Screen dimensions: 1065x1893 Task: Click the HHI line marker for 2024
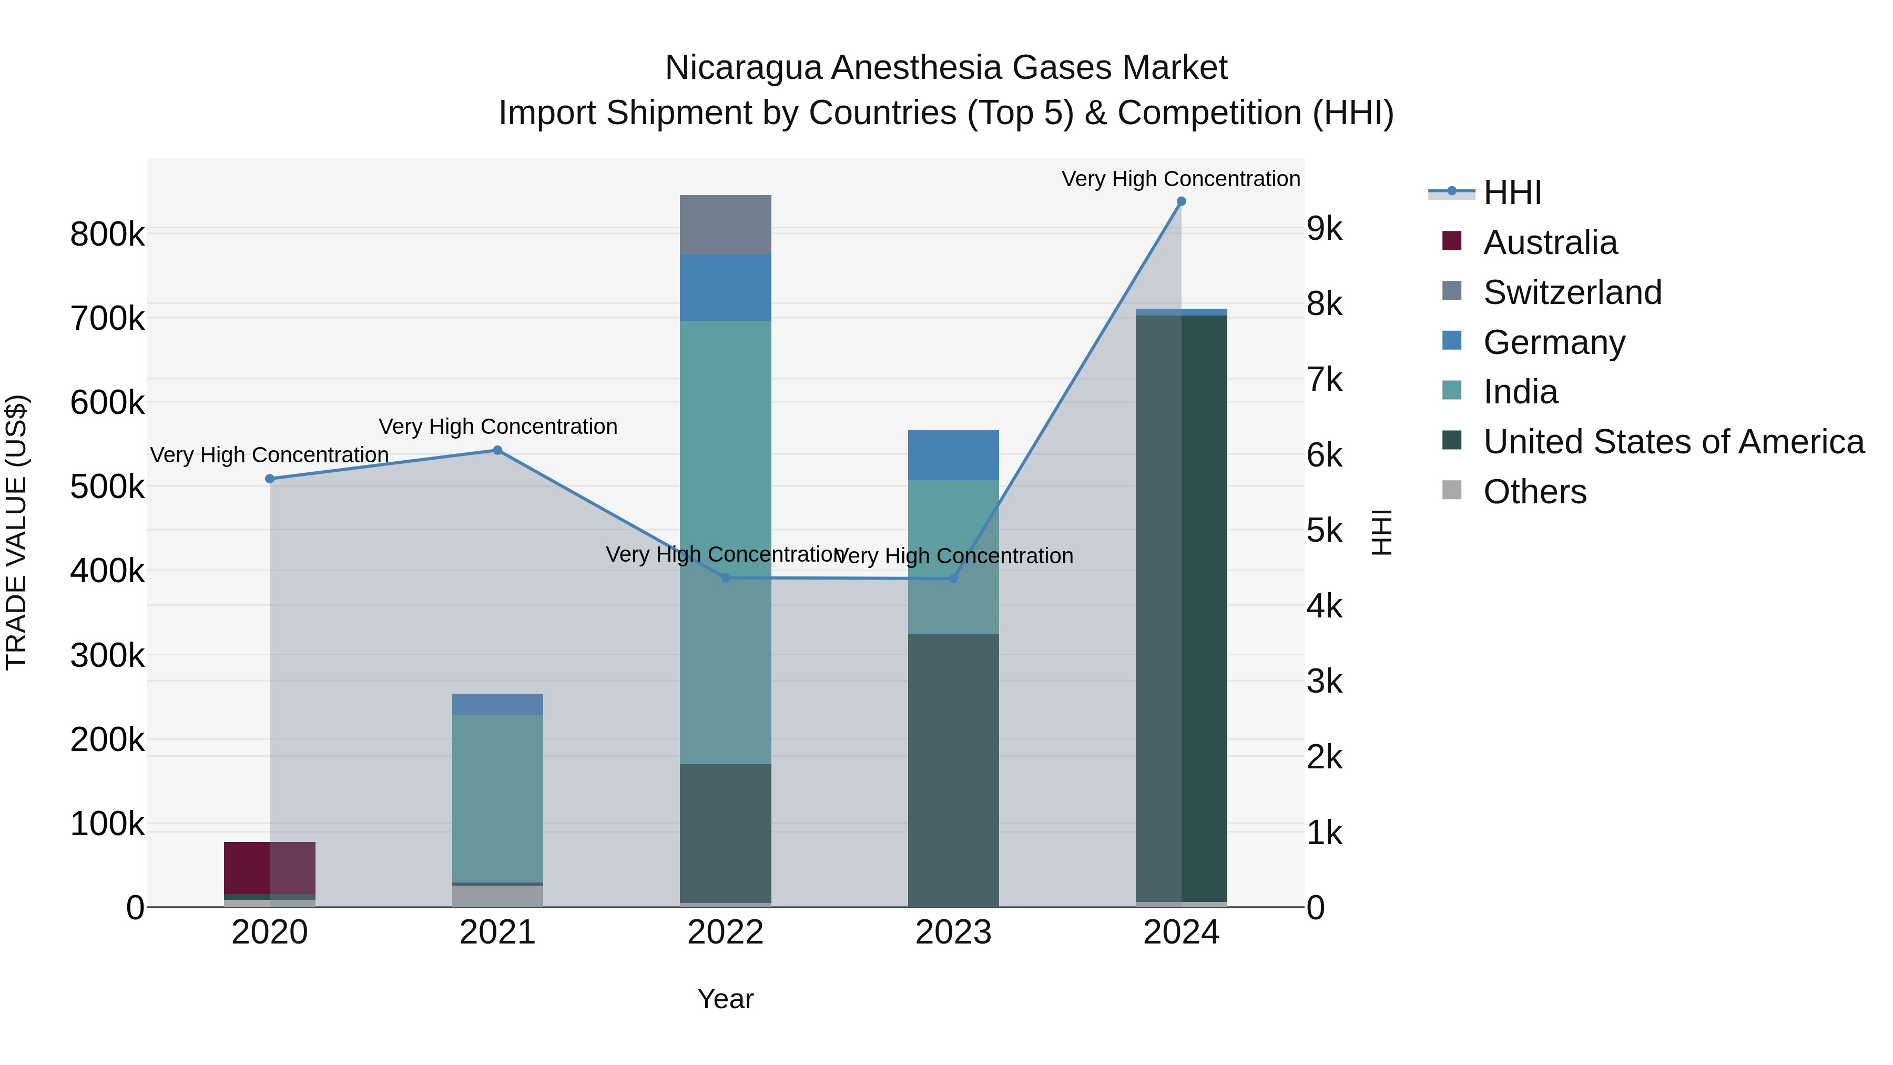point(1181,201)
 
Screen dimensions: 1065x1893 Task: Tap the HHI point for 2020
point(270,479)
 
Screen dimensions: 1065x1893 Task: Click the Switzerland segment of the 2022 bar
point(725,225)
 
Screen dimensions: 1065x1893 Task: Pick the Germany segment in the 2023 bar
point(953,455)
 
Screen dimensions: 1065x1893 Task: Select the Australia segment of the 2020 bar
point(270,867)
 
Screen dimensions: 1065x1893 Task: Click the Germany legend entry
point(1553,342)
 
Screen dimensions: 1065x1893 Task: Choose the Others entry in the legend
point(1534,492)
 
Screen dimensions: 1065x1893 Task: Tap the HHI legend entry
point(1512,192)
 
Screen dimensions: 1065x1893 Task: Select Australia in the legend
point(1550,242)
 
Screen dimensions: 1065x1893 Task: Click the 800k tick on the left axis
point(107,235)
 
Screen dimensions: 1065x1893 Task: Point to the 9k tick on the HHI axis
point(1324,229)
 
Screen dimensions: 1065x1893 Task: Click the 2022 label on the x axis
point(725,932)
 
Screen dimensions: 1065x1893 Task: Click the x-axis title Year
point(725,999)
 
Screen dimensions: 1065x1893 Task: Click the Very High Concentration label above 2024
point(1181,179)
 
